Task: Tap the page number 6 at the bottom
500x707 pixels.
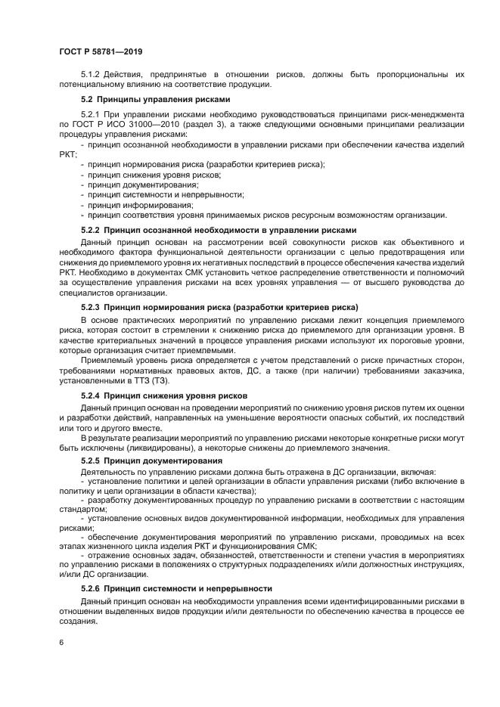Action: coord(61,641)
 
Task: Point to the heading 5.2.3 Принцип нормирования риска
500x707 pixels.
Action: coord(219,307)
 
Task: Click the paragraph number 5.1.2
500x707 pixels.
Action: coord(90,74)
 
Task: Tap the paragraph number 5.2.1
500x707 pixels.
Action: coord(90,113)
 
